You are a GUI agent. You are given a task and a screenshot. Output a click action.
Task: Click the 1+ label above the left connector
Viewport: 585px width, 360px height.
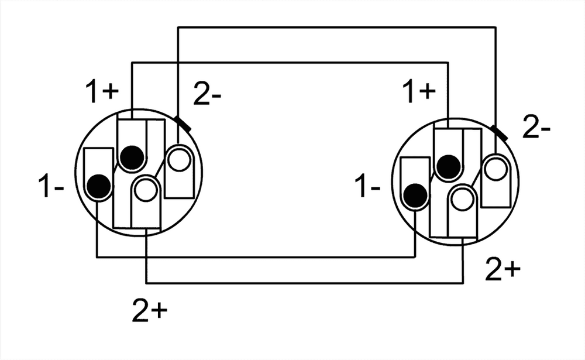(x=103, y=92)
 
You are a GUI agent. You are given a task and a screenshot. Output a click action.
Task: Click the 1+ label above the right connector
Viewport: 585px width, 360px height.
(x=421, y=92)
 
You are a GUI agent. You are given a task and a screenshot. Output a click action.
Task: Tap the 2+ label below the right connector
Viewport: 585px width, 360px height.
(x=502, y=269)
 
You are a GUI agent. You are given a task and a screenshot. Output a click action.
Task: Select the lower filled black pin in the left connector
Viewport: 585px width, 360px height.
(x=98, y=186)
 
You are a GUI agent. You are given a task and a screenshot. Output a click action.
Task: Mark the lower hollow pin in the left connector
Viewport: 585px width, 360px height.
(x=144, y=189)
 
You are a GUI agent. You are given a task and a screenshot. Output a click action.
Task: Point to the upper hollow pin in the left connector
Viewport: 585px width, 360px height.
(x=178, y=159)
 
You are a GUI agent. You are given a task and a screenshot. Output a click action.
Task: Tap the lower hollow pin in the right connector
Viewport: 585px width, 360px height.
(x=462, y=198)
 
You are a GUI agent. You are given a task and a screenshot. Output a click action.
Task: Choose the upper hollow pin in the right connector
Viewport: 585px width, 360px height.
(x=497, y=168)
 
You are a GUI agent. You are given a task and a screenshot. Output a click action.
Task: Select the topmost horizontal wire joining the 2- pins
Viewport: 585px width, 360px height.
(x=336, y=27)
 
